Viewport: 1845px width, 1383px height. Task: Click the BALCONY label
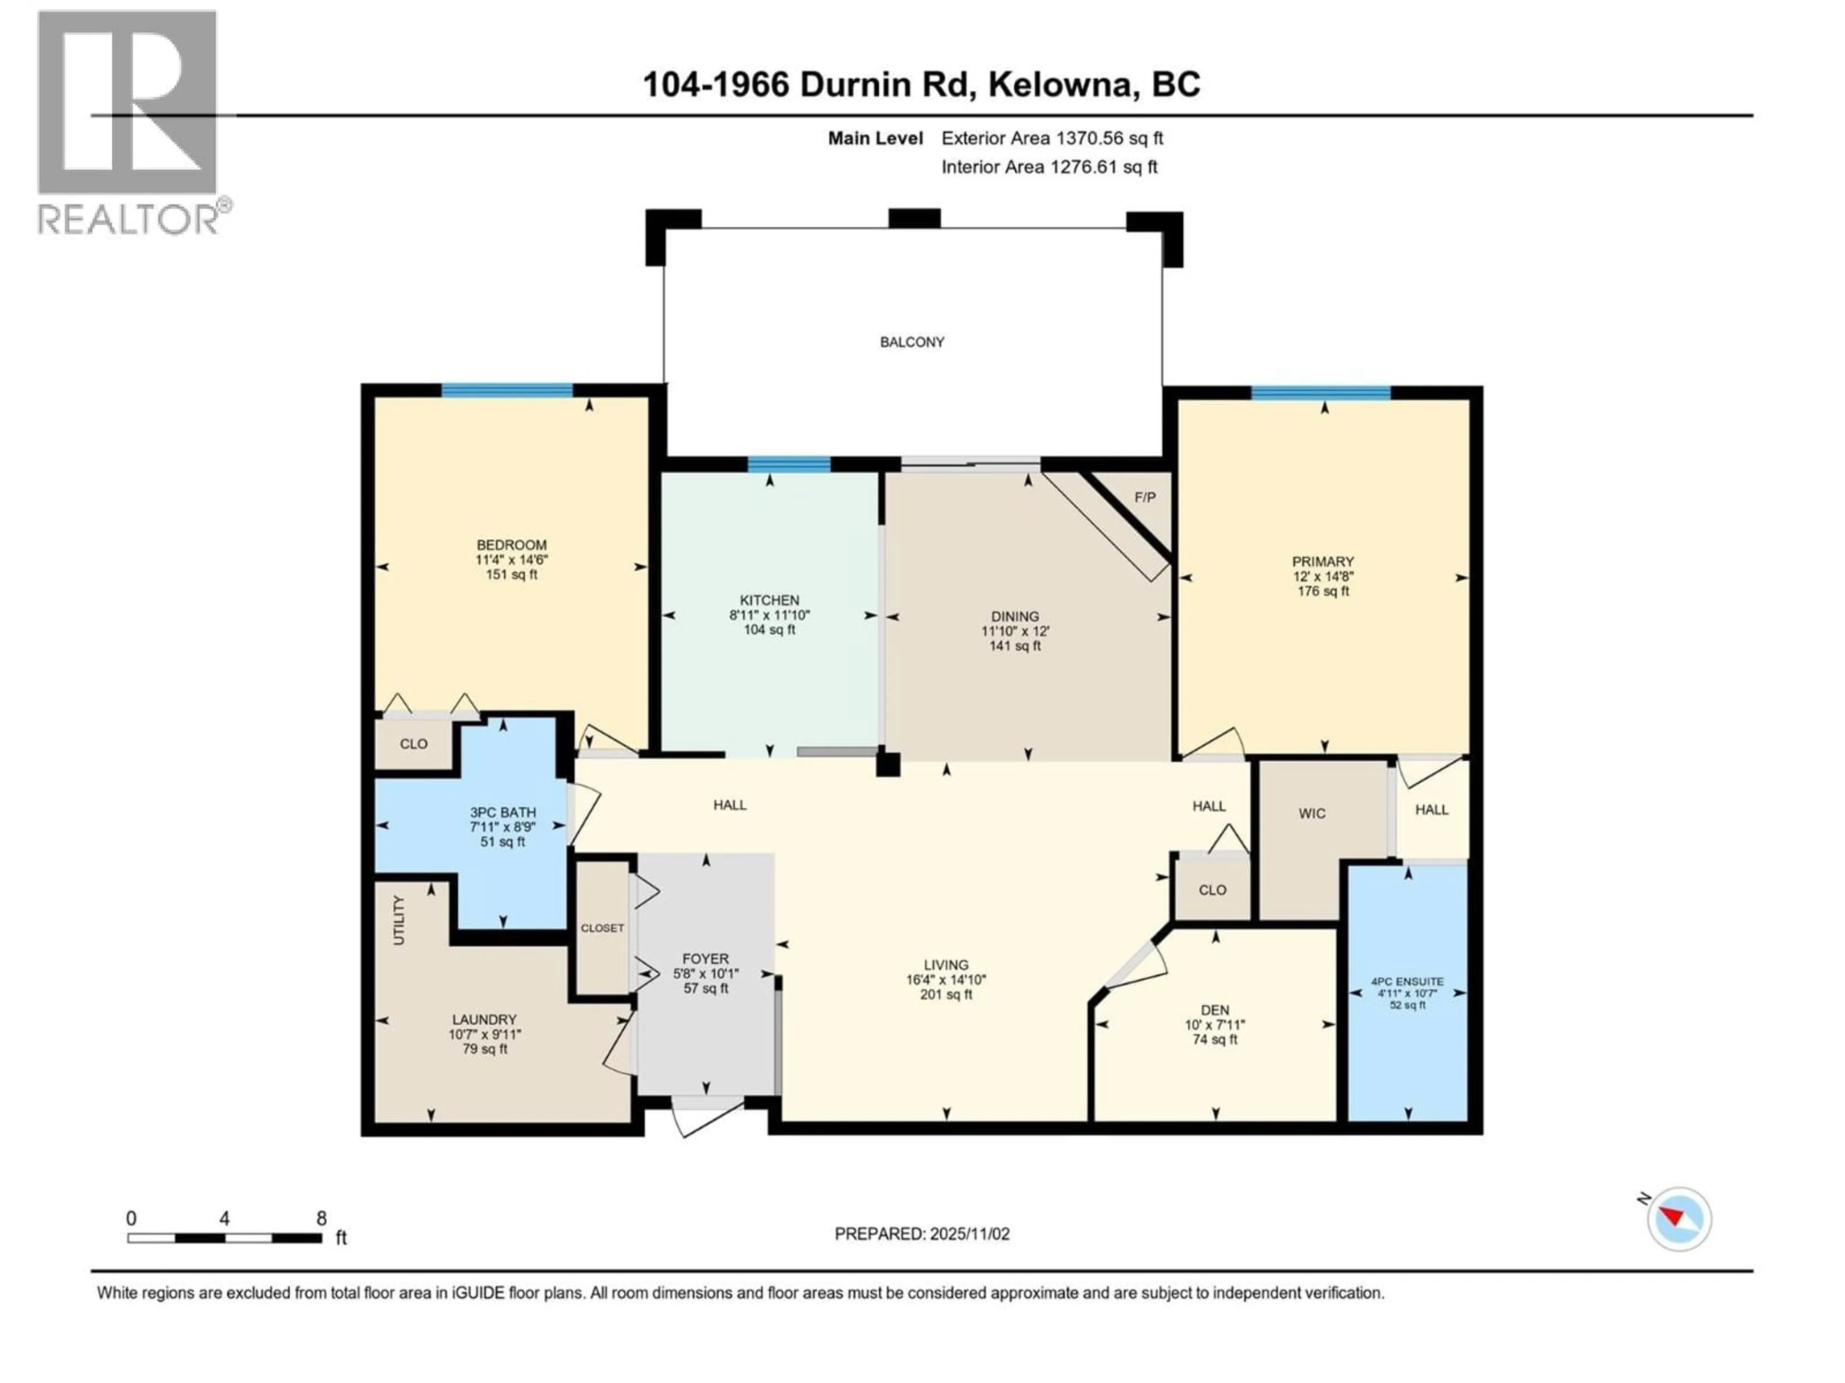point(911,342)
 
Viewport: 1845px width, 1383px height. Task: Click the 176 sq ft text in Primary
point(1323,591)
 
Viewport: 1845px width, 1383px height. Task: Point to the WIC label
point(1311,813)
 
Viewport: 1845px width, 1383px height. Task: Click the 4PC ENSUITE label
point(1407,981)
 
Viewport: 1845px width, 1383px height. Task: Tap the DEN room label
point(1215,1009)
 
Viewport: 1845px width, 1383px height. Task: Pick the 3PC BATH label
point(502,812)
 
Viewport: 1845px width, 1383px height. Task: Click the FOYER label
point(705,958)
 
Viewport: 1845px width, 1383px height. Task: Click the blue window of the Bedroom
point(507,390)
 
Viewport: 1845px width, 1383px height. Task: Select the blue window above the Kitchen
point(788,464)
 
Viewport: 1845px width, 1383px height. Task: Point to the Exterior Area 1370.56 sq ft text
point(1052,138)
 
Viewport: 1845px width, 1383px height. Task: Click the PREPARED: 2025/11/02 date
point(922,1234)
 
